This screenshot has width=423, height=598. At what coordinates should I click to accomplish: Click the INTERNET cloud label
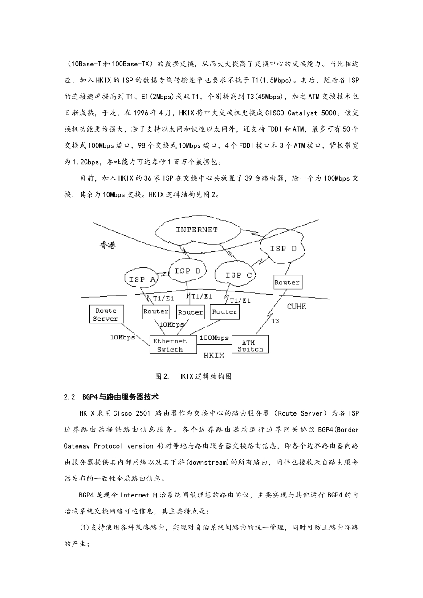(x=197, y=230)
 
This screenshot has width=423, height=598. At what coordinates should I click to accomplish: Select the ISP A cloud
(x=142, y=279)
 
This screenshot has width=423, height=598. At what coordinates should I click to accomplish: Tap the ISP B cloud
(x=187, y=271)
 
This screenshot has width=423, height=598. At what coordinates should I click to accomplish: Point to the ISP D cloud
(x=283, y=249)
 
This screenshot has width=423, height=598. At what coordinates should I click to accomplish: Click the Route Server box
(x=106, y=315)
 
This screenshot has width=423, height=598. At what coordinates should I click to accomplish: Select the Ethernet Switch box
(x=173, y=345)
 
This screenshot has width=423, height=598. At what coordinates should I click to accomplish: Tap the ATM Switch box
(x=250, y=346)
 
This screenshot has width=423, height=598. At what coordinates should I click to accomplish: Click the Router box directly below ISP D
(x=287, y=282)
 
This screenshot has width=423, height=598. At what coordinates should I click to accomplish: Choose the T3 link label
(x=275, y=320)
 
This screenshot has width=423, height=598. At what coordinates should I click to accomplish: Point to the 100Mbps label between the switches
(x=214, y=338)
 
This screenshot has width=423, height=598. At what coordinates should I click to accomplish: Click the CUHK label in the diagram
(x=297, y=307)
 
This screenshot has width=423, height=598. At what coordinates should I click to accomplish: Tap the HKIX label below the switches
(x=214, y=356)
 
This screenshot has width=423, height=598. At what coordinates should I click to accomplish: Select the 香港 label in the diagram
(x=107, y=245)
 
